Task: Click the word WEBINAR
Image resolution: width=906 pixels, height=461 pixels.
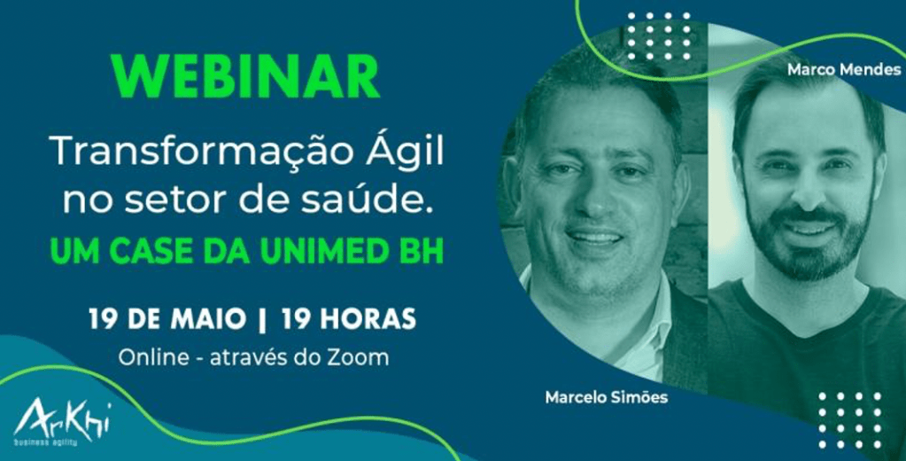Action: (246, 77)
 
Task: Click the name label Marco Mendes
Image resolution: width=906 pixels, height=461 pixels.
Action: (844, 70)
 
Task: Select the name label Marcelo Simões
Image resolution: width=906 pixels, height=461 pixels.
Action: (606, 397)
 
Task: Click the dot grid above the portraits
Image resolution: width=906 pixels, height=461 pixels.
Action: (659, 35)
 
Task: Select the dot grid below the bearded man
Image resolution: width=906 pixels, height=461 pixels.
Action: (850, 420)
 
